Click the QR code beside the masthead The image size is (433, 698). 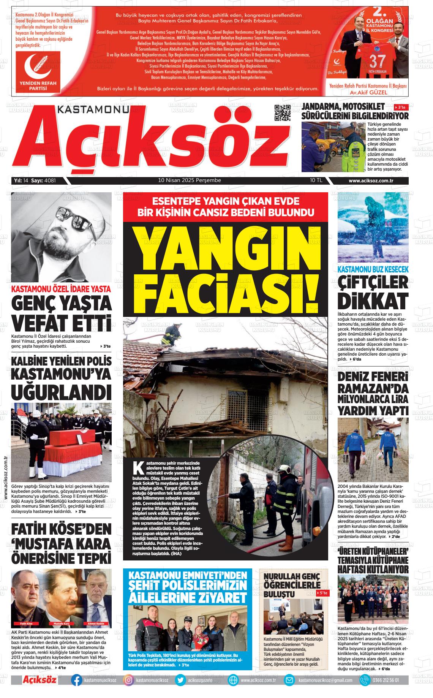pos(283,112)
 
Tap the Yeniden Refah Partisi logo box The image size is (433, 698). pos(38,71)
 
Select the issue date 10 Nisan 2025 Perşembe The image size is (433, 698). pos(190,180)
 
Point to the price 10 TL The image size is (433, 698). pos(316,180)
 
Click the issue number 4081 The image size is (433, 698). pos(50,180)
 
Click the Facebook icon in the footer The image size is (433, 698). pos(76,680)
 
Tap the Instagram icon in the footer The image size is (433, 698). pos(129,680)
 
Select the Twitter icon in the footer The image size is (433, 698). pos(181,680)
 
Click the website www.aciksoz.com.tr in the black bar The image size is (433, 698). pos(370,181)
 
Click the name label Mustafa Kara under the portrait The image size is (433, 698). pos(61,624)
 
